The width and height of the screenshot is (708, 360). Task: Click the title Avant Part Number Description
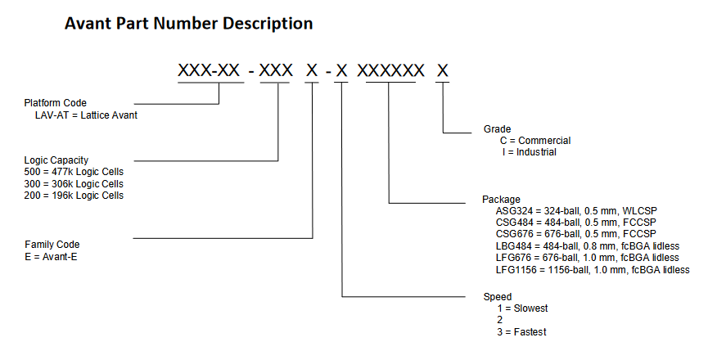[x=188, y=25]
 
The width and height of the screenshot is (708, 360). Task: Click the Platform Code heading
[x=55, y=103]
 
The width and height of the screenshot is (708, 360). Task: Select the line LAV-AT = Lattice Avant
[x=86, y=115]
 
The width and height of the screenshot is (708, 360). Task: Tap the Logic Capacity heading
[x=56, y=160]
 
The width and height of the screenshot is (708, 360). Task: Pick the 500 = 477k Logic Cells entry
[x=75, y=172]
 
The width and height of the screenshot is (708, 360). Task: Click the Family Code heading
[x=52, y=245]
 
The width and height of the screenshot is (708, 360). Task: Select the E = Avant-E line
[x=52, y=256]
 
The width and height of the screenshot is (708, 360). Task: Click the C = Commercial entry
[x=535, y=141]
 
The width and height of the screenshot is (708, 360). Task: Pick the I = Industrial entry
[x=528, y=152]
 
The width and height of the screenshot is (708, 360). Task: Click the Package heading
[x=502, y=200]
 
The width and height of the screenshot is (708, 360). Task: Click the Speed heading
[x=498, y=296]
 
